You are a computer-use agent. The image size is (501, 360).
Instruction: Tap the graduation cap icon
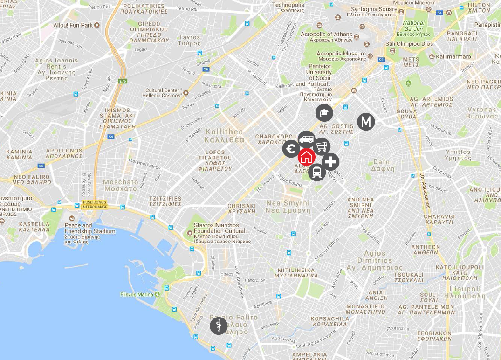324,112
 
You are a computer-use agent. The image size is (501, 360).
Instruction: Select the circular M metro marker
366,122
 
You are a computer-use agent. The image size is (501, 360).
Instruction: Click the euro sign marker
291,149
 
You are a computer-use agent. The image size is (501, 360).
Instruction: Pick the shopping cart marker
321,146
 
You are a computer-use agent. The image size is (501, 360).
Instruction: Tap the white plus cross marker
330,162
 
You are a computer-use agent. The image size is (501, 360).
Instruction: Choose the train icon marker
317,173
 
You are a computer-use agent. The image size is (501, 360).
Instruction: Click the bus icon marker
306,138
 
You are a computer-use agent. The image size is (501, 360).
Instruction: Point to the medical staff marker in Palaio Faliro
219,325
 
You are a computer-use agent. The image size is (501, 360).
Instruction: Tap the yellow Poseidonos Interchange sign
95,204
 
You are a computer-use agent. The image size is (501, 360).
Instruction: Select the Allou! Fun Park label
73,25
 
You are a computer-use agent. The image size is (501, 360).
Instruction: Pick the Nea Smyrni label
288,207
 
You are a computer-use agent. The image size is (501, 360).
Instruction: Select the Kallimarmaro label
453,57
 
